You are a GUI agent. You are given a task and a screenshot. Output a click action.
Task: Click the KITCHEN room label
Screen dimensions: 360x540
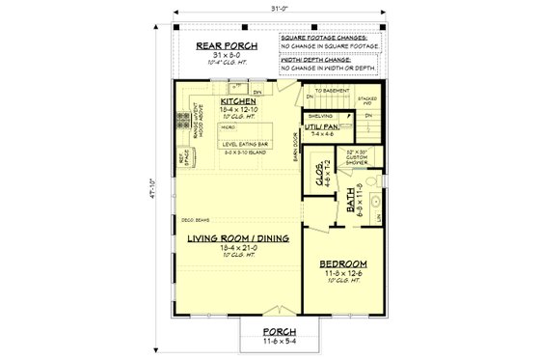click(236, 100)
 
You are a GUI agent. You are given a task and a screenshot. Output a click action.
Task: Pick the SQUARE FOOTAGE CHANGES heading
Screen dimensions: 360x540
click(331, 35)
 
